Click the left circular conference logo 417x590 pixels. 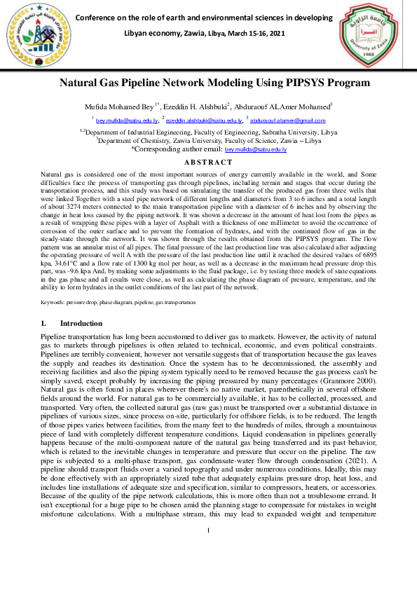[34, 36]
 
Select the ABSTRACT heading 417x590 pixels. [208, 163]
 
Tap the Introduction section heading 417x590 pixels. [81, 324]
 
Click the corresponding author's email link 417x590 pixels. [255, 150]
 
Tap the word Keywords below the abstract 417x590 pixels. [53, 302]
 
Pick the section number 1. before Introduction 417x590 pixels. [43, 324]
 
